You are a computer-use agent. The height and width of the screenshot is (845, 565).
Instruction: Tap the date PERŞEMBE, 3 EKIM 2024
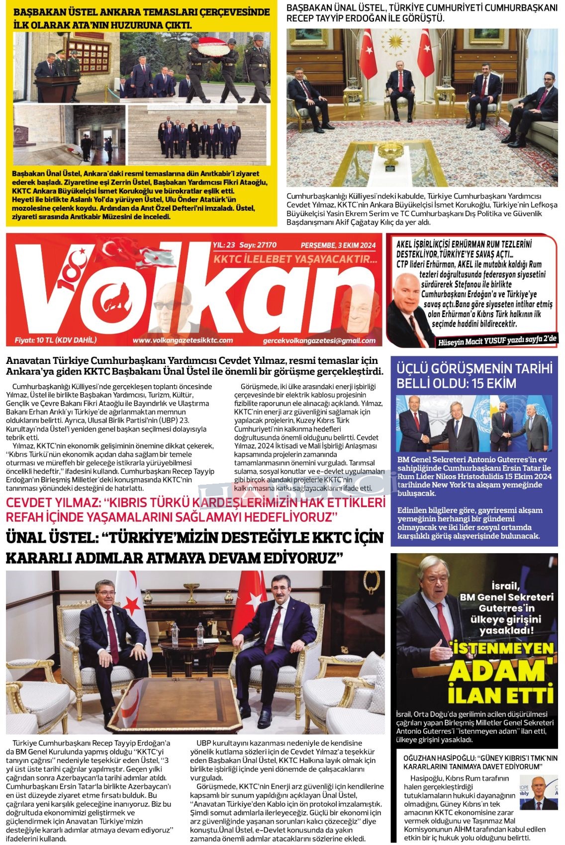pos(338,245)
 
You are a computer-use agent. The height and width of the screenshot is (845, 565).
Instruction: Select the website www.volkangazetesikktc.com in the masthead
pos(183,340)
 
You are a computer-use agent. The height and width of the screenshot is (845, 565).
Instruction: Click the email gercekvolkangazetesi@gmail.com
pos(319,340)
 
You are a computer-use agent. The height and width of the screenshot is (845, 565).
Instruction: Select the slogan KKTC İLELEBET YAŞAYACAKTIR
pos(295,259)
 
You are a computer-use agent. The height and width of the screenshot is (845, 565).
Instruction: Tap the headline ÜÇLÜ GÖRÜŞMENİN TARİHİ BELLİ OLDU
pos(474,376)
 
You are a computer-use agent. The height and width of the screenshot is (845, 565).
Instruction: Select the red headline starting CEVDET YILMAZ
pos(195,510)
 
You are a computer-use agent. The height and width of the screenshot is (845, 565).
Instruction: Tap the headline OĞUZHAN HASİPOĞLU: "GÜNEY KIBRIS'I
pos(480,762)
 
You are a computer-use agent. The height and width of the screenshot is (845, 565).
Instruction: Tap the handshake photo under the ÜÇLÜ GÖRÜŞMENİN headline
pos(474,423)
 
